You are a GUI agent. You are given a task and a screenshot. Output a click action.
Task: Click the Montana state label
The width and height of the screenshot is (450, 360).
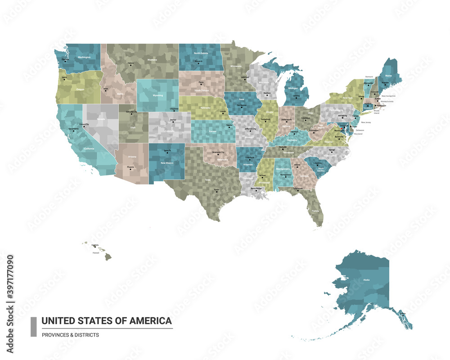click(152, 60)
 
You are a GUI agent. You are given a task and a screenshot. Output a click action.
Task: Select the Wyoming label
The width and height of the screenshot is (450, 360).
click(158, 95)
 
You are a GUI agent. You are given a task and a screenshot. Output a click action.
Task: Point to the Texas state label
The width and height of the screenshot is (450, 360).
click(207, 180)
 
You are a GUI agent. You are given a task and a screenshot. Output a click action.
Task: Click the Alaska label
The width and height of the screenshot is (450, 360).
click(366, 280)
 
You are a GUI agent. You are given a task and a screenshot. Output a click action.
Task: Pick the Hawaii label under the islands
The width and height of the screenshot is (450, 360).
click(95, 253)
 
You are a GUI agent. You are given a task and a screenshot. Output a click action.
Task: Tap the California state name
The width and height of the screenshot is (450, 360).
click(89, 148)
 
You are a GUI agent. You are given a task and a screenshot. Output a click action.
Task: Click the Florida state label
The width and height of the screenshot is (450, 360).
click(315, 210)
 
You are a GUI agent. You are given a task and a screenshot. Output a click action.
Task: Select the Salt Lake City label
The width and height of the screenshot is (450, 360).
click(131, 111)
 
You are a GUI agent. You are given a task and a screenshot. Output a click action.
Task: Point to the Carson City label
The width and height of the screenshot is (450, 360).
click(84, 124)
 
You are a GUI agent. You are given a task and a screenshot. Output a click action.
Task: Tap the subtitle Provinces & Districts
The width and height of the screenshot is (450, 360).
click(70, 335)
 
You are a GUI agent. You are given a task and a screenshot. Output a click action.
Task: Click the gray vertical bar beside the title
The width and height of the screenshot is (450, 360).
click(33, 327)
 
